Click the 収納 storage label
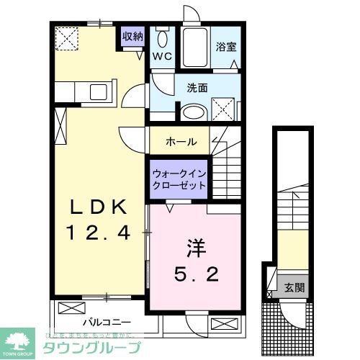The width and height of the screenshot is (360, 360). click(x=132, y=37)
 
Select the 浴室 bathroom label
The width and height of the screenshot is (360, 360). click(x=225, y=48)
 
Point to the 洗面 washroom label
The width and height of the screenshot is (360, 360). click(x=197, y=89)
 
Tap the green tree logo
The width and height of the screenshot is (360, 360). click(x=19, y=338)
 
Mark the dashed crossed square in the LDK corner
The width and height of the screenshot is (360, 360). click(x=68, y=37)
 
